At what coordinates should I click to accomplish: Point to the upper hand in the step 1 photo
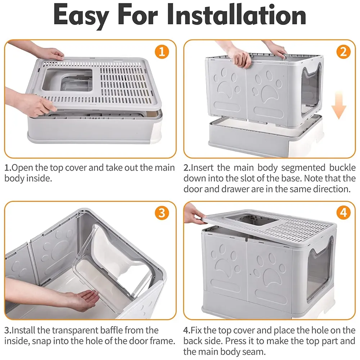[50, 53]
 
